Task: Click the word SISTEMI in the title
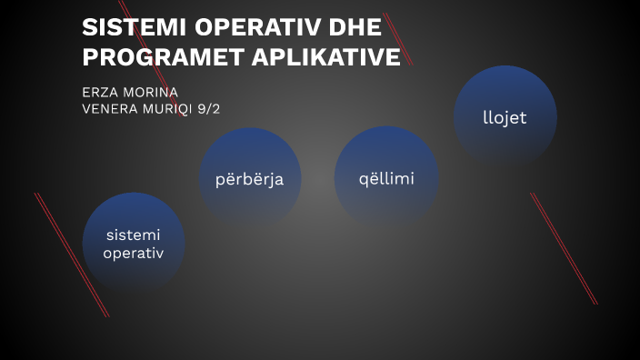124,27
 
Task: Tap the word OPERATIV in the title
235,27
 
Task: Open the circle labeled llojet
505,117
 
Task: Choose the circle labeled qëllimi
386,178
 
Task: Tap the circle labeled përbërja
250,178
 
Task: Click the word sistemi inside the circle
134,235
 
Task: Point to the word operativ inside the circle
134,253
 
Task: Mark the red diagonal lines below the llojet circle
564,248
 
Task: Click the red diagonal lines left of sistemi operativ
71,253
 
